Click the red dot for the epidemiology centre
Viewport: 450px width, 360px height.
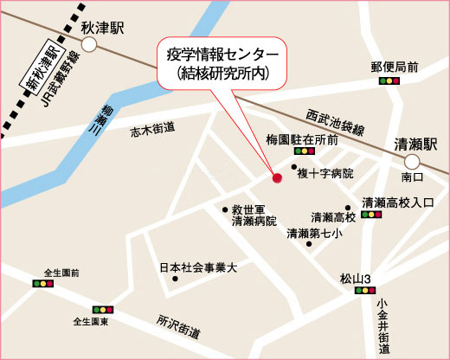point(278,179)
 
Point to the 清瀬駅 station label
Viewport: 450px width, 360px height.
point(416,144)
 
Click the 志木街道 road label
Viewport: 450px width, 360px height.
point(152,130)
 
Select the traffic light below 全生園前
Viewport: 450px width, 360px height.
point(42,283)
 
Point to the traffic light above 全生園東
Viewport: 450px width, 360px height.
point(102,310)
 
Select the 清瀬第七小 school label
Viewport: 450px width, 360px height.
point(314,234)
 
